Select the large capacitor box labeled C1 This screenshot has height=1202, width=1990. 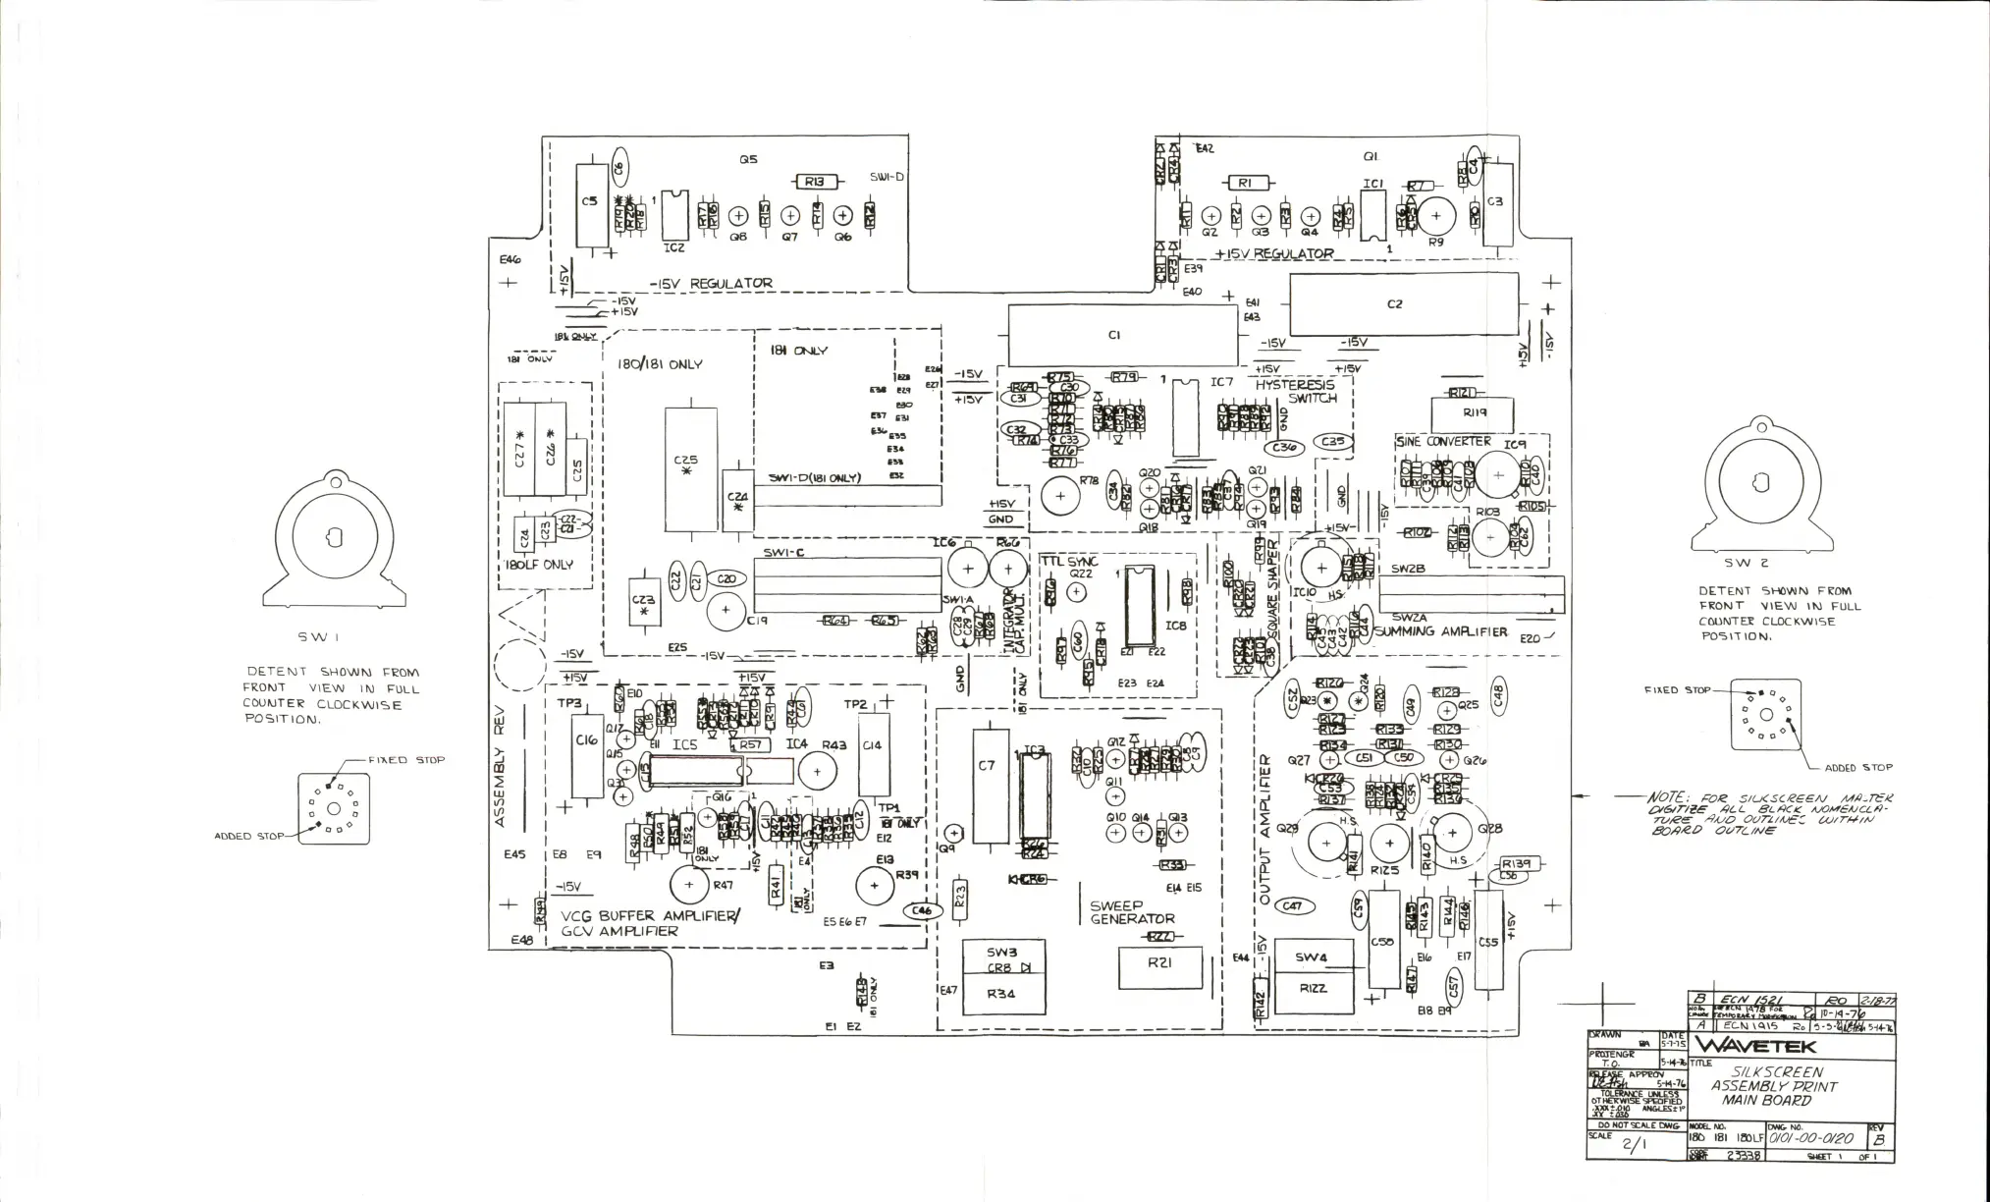click(x=1122, y=334)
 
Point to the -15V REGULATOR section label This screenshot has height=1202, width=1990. click(x=710, y=284)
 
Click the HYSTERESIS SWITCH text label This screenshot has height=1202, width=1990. click(x=1296, y=392)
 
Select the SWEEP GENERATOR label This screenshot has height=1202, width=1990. click(x=1132, y=912)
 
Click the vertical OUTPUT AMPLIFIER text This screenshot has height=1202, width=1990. click(x=1264, y=830)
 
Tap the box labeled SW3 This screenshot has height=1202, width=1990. click(x=1002, y=952)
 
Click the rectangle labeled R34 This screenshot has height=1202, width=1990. click(x=1002, y=994)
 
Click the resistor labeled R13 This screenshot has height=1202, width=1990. click(x=814, y=182)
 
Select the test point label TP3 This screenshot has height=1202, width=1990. click(x=569, y=703)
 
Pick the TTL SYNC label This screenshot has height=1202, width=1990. click(x=1069, y=561)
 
